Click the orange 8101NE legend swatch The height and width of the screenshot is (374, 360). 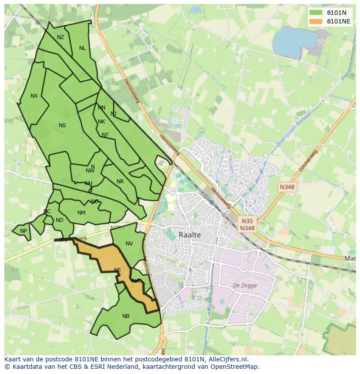click(x=316, y=21)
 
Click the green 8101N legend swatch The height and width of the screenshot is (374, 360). click(x=316, y=13)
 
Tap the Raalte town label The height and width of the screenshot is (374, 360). click(x=190, y=235)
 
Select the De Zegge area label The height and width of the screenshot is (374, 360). click(x=245, y=285)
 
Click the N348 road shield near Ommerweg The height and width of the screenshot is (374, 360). click(x=287, y=187)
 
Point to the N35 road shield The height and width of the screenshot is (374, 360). click(x=247, y=221)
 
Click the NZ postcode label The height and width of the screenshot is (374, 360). click(x=60, y=37)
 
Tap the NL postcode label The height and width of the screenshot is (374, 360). click(x=82, y=48)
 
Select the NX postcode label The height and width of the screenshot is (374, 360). click(x=34, y=96)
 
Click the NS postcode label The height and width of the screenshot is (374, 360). click(x=62, y=126)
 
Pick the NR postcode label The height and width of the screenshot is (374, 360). click(x=120, y=182)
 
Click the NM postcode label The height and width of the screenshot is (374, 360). click(x=81, y=213)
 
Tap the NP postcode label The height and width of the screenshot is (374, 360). click(x=23, y=231)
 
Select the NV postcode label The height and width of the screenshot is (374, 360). click(x=129, y=244)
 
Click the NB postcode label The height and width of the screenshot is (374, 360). click(x=126, y=316)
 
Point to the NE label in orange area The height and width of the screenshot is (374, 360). click(x=117, y=270)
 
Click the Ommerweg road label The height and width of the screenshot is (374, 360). click(x=308, y=161)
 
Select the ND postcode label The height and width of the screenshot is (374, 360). click(x=60, y=220)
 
